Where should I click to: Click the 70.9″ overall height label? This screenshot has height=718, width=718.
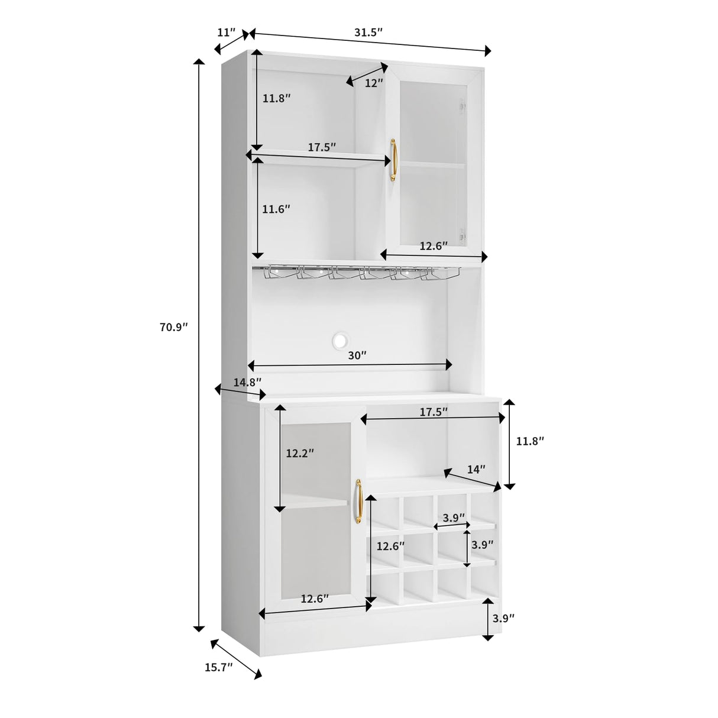click(x=173, y=326)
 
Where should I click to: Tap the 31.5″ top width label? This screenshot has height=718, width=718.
click(x=368, y=32)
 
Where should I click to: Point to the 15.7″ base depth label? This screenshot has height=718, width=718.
click(x=218, y=667)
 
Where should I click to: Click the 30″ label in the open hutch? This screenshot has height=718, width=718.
click(x=357, y=355)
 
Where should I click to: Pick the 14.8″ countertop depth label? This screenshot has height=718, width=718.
click(x=247, y=382)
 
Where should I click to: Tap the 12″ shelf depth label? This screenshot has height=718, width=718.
click(x=373, y=83)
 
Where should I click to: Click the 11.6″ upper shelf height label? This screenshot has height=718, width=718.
click(x=276, y=209)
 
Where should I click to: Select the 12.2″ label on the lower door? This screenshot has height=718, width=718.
click(x=299, y=454)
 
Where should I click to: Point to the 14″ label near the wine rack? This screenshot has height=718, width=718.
click(x=476, y=469)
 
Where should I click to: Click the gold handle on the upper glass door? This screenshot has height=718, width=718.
click(x=393, y=160)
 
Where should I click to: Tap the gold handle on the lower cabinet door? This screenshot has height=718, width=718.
click(x=358, y=500)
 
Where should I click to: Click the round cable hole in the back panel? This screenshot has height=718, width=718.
click(x=341, y=341)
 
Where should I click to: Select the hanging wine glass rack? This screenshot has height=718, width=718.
click(x=357, y=273)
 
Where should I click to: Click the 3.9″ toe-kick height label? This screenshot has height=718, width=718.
click(x=503, y=618)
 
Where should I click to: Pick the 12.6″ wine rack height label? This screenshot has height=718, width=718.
click(x=390, y=546)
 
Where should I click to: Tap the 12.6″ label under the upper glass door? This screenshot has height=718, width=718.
click(x=434, y=246)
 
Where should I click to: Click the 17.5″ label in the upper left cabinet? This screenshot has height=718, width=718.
click(x=321, y=147)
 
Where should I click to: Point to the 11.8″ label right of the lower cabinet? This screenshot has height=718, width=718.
click(x=529, y=441)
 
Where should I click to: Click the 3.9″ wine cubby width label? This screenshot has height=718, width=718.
click(x=454, y=518)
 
